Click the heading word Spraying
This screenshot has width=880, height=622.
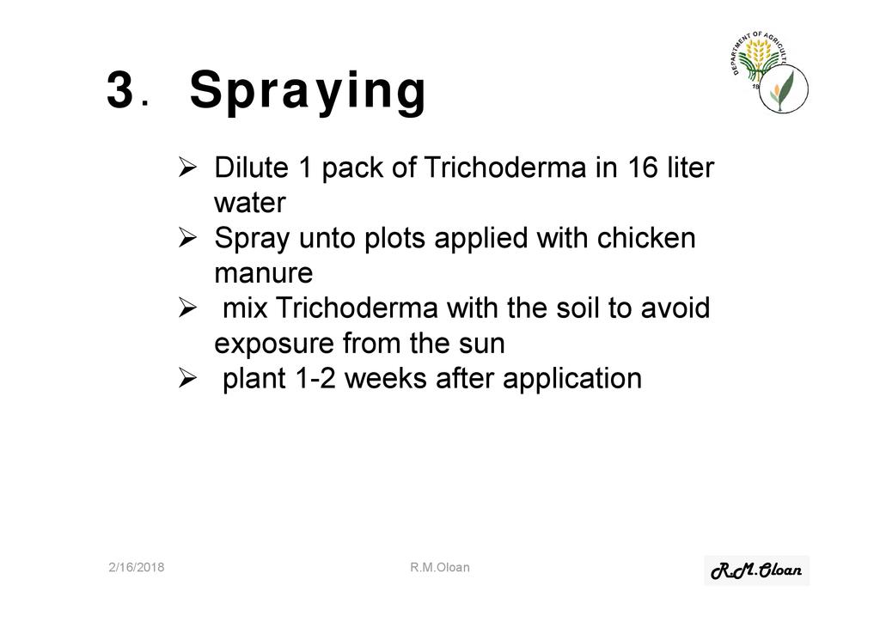click(x=309, y=91)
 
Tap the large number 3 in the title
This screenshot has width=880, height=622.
click(x=119, y=88)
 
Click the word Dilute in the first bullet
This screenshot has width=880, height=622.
click(x=251, y=168)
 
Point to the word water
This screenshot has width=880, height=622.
click(x=250, y=203)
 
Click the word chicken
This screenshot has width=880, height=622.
click(x=646, y=237)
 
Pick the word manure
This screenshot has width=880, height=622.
click(x=263, y=273)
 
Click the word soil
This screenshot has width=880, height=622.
click(x=577, y=308)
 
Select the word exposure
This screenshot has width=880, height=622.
click(x=274, y=344)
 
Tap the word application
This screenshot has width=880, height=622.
click(x=571, y=379)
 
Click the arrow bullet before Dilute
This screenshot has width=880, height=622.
click(x=187, y=168)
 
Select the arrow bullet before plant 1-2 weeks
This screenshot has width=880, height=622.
click(x=187, y=378)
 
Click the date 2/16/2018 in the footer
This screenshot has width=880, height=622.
click(x=137, y=567)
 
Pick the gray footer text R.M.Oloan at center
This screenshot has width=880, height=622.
click(x=440, y=567)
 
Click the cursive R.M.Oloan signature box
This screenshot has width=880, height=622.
click(x=756, y=570)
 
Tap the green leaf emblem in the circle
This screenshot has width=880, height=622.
click(x=784, y=88)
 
